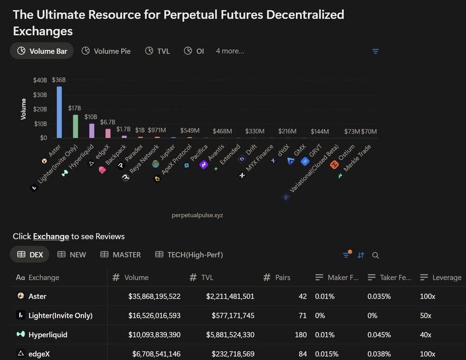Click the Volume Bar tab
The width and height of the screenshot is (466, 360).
click(x=42, y=51)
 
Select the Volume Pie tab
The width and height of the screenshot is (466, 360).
click(x=106, y=51)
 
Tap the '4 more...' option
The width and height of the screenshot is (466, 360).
click(x=230, y=51)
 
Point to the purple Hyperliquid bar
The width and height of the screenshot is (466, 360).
click(x=92, y=130)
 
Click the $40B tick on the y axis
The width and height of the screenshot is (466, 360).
click(x=40, y=80)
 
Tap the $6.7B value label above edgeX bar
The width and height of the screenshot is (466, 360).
click(x=107, y=122)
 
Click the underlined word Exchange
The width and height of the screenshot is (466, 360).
click(x=51, y=236)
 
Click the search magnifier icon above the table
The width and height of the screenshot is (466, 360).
click(x=375, y=255)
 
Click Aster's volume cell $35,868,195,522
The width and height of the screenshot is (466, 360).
click(x=154, y=296)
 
